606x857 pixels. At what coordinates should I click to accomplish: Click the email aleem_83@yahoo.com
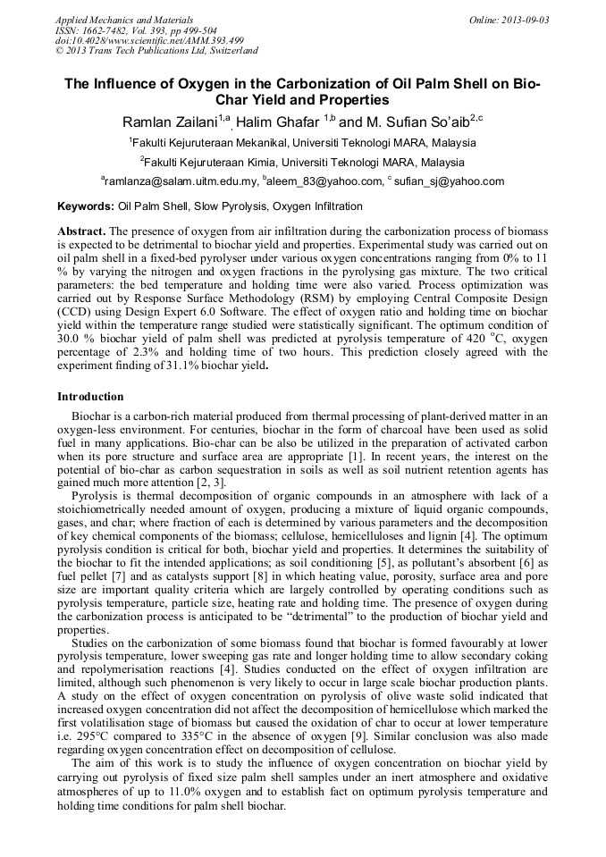[324, 181]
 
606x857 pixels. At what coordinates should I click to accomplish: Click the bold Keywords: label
[85, 206]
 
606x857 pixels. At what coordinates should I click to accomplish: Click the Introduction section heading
[90, 396]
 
